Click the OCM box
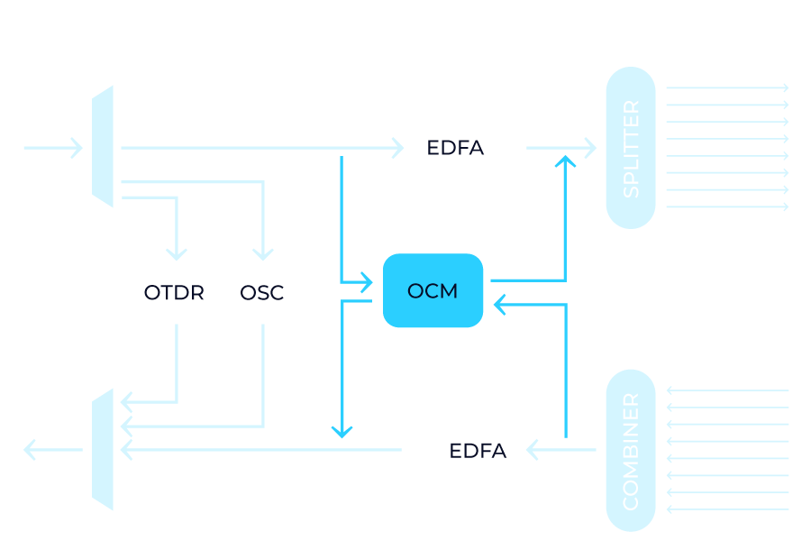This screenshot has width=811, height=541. click(x=433, y=290)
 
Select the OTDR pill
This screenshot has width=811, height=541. click(x=174, y=292)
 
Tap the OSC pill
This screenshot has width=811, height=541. click(x=262, y=292)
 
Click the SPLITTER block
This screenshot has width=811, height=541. click(x=631, y=148)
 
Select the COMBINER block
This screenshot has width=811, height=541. click(x=631, y=449)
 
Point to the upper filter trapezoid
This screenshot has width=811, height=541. click(x=103, y=146)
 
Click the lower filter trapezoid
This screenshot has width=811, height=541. click(x=103, y=449)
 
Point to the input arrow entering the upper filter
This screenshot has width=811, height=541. click(x=53, y=147)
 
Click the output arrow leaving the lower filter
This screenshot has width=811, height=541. click(x=53, y=449)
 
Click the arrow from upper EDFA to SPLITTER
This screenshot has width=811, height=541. click(x=560, y=147)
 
